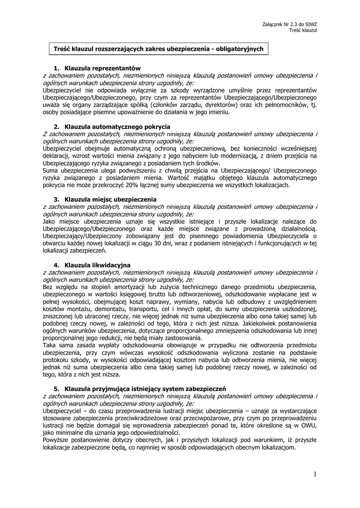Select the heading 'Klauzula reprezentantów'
point(103,68)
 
